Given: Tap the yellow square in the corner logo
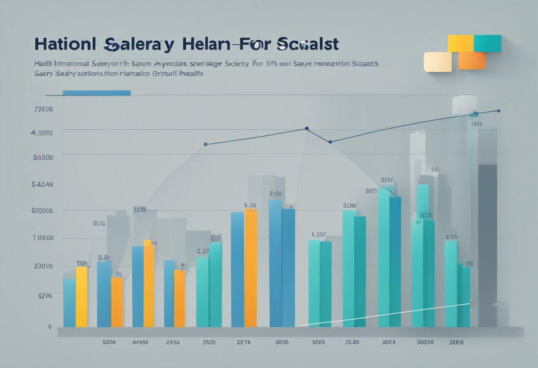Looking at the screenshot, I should (460, 43).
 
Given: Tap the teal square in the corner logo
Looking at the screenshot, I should (487, 43).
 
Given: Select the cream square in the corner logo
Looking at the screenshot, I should (437, 62).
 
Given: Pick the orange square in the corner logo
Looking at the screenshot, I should (472, 61).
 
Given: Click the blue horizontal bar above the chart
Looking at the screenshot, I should (96, 93).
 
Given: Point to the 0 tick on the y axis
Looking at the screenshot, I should (50, 326).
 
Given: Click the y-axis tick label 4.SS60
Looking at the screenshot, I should (42, 133).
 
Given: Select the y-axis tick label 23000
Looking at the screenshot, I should (43, 266).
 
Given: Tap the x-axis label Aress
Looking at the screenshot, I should (140, 342).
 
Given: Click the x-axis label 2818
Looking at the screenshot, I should (243, 342).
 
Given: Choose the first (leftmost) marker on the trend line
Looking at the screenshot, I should (205, 144).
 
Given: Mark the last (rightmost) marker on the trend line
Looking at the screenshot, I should (499, 111).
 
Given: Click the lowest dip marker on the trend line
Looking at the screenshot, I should (330, 142).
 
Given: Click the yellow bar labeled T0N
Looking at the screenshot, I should (81, 296).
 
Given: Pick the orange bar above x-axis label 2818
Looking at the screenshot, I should (250, 268).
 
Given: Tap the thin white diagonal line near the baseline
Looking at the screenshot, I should (380, 314).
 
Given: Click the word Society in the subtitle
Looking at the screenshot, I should (236, 64).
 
